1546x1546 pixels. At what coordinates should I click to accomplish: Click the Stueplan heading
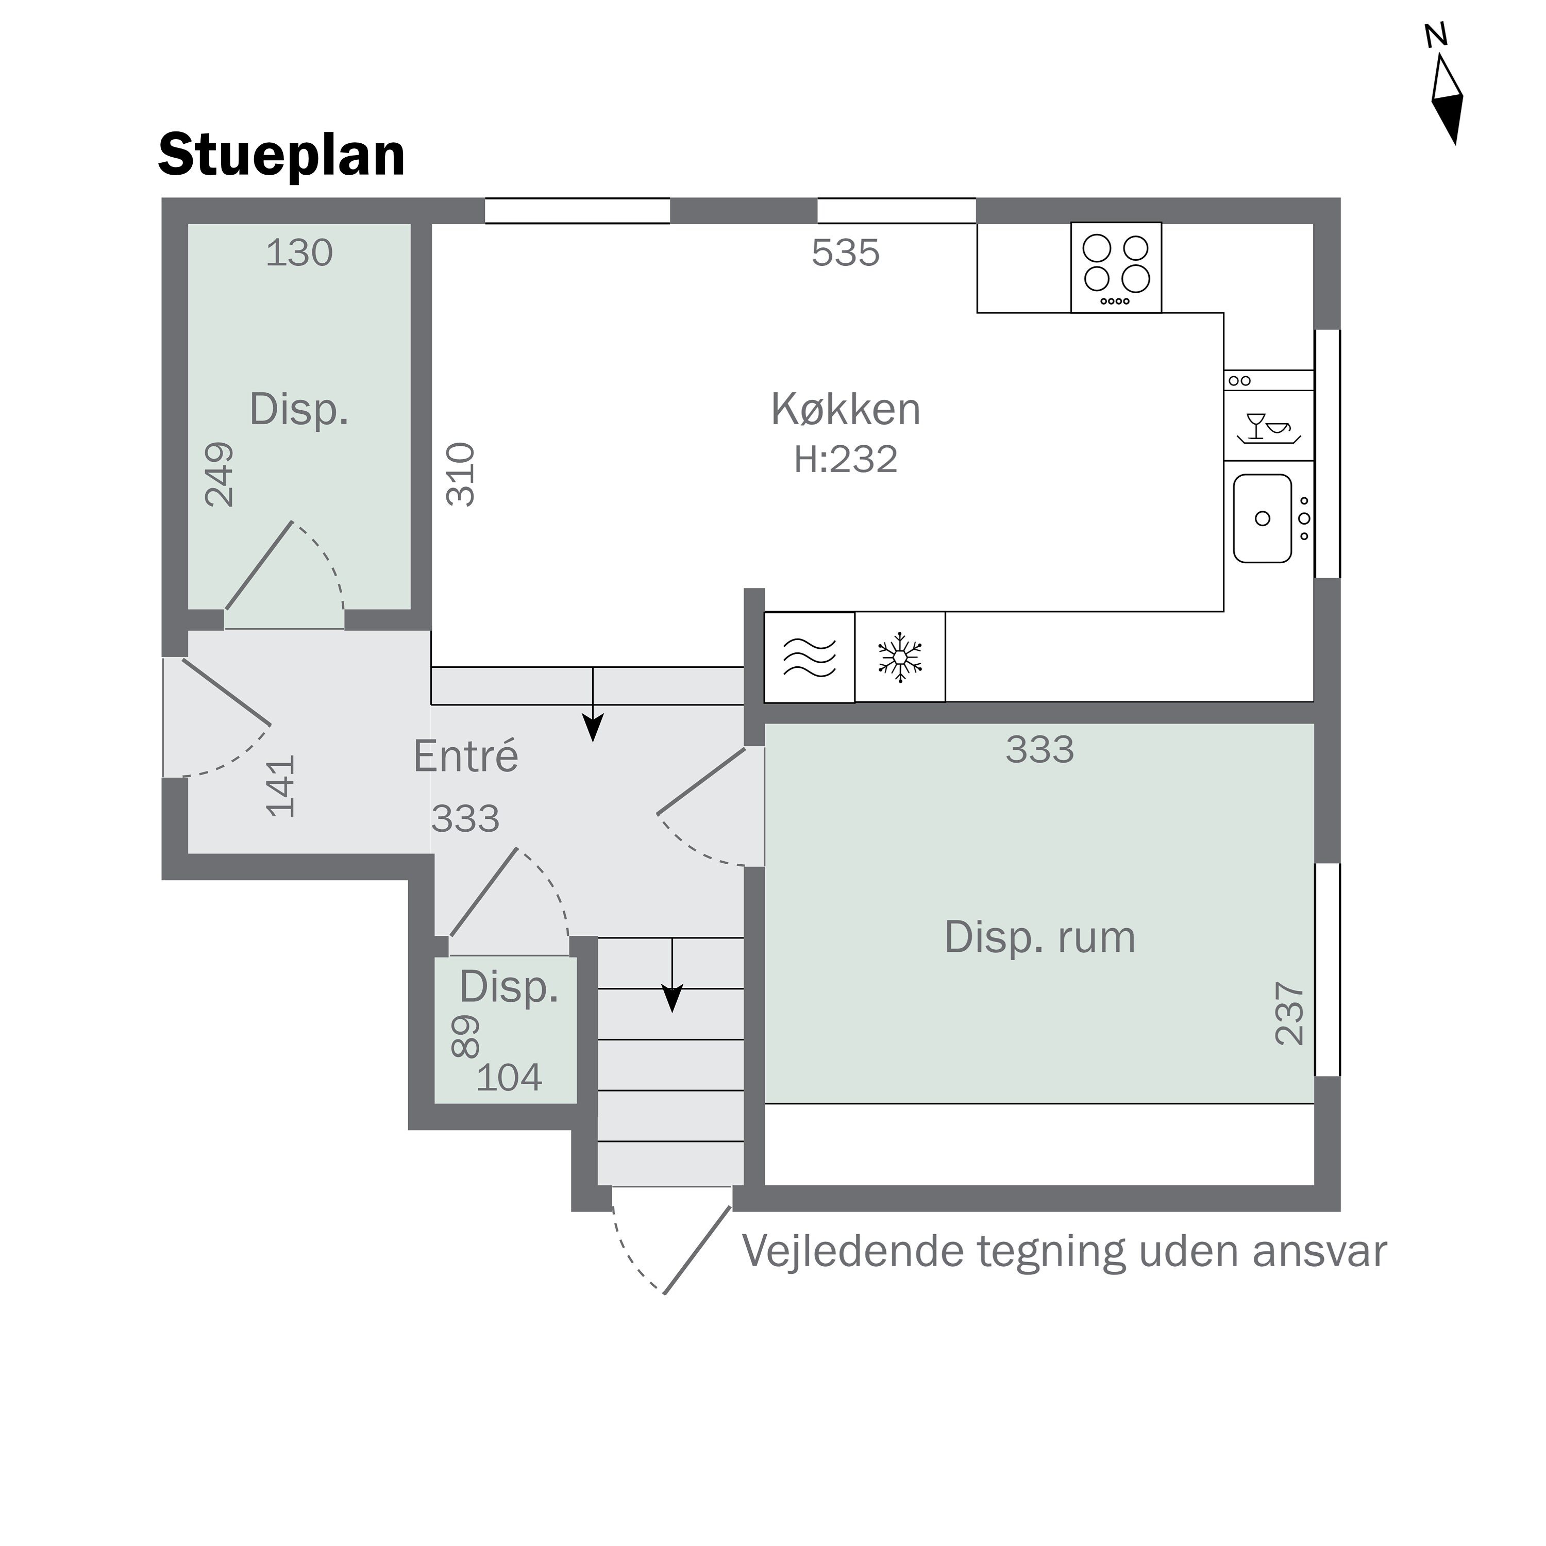(x=282, y=155)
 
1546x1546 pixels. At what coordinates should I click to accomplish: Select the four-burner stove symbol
(x=1116, y=266)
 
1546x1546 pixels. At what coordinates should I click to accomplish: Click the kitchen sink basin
(x=1262, y=518)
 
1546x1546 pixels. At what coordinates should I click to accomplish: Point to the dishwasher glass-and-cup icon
(x=1268, y=427)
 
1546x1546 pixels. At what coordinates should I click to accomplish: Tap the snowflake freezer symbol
(x=900, y=658)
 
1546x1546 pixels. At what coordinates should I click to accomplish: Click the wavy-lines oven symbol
(x=809, y=658)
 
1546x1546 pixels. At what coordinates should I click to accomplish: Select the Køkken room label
(x=845, y=409)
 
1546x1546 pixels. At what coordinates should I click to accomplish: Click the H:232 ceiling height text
(x=845, y=459)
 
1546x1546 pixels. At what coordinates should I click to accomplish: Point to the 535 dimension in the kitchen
(x=845, y=253)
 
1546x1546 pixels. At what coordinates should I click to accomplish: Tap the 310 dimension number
(x=461, y=475)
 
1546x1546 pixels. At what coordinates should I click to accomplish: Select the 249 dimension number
(x=219, y=475)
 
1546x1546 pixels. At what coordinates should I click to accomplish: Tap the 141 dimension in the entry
(x=281, y=786)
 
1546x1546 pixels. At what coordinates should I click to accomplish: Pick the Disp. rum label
(x=1039, y=937)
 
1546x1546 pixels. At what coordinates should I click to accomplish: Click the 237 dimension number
(x=1289, y=1013)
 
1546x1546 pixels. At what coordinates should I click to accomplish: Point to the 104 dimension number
(x=509, y=1078)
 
